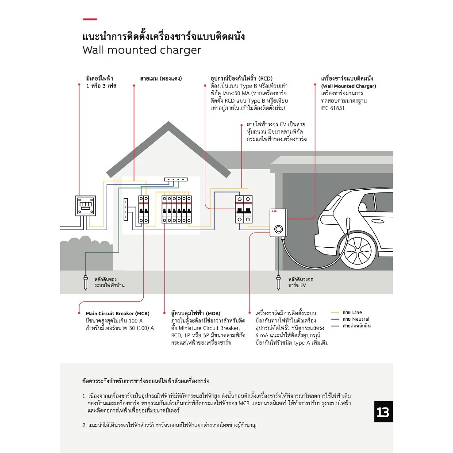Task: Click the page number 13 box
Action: coord(383,412)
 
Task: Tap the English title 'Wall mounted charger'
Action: coord(142,50)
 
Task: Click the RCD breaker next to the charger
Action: coord(243,209)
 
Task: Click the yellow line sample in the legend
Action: coord(335,313)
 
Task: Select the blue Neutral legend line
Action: coord(335,319)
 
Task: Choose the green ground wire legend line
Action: coord(335,326)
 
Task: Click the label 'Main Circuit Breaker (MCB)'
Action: coord(118,314)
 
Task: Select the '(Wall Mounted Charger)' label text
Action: coord(349,86)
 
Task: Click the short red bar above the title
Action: coord(90,19)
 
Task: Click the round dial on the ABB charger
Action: coord(278,229)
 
